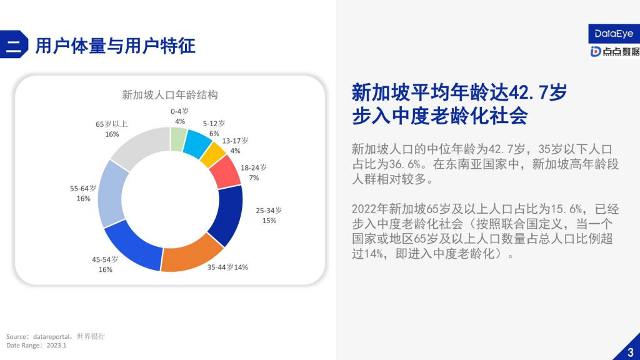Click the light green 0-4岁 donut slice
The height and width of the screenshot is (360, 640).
click(178, 139)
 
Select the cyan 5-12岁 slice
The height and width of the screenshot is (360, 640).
click(197, 144)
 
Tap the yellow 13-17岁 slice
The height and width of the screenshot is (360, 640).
click(212, 155)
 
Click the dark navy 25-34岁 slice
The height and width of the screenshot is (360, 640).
click(227, 214)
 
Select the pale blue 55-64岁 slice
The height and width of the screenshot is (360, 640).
click(111, 194)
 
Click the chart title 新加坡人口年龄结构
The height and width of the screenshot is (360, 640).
click(170, 95)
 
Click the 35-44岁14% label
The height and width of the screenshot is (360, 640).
click(227, 267)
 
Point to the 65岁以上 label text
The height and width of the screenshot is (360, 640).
click(112, 124)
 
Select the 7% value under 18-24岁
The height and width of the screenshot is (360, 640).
click(254, 177)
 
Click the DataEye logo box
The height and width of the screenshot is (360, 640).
click(614, 34)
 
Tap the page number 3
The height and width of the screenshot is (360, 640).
click(631, 352)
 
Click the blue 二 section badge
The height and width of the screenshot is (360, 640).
click(14, 44)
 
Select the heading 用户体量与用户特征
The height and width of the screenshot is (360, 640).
click(116, 45)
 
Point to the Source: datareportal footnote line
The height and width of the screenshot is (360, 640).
click(56, 336)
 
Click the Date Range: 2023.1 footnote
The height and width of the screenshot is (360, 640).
click(36, 345)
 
